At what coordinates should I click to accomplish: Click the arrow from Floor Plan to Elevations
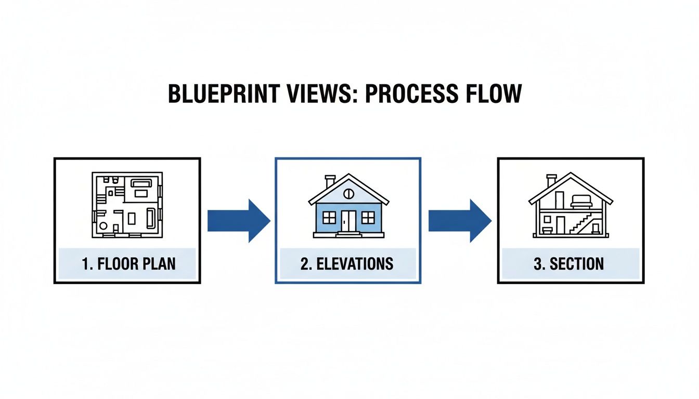[x=239, y=221]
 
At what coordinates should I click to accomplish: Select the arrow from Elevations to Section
[x=460, y=221]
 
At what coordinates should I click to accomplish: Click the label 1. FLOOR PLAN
[x=129, y=264]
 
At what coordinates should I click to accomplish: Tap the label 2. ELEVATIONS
[x=347, y=264]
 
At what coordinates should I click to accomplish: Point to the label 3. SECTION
[x=569, y=264]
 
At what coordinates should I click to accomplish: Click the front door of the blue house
[x=348, y=221]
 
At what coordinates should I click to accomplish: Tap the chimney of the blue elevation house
[x=330, y=182]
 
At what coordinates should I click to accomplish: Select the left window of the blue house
[x=329, y=217]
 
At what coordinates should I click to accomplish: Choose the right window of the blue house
[x=368, y=217]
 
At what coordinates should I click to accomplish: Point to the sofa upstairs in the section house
[x=579, y=201]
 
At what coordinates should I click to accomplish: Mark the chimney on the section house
[x=551, y=181]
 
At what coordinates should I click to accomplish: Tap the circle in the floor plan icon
[x=103, y=227]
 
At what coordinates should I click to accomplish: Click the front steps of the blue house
[x=348, y=234]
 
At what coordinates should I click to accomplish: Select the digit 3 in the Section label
[x=538, y=264]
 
